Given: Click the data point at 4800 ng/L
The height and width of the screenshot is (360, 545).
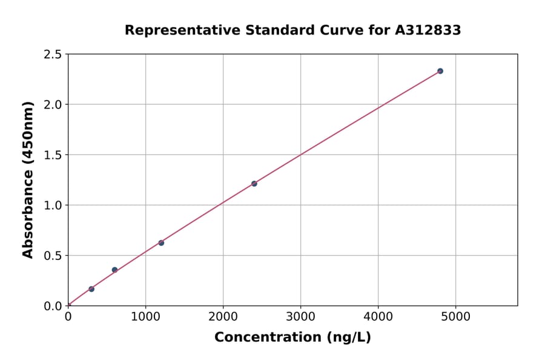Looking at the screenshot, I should click(440, 71).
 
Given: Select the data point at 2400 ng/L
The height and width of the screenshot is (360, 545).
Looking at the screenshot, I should click(254, 184).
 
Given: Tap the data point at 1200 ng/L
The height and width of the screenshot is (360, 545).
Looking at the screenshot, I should click(161, 243).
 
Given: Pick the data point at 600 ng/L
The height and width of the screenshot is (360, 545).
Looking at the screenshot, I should click(114, 270).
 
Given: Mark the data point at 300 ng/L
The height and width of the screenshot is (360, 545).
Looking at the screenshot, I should click(91, 289).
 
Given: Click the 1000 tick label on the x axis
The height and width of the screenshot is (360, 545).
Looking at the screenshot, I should click(145, 316).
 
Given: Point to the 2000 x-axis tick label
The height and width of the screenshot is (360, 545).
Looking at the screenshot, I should click(223, 316).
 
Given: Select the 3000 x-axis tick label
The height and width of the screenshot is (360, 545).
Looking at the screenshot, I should click(301, 316).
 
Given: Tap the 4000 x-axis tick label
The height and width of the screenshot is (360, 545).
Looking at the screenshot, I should click(378, 316).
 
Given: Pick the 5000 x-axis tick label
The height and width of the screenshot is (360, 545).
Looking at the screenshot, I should click(456, 316).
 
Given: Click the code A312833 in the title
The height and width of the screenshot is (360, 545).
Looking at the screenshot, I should click(429, 30).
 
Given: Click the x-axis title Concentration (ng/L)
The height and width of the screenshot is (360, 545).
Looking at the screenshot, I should click(292, 338).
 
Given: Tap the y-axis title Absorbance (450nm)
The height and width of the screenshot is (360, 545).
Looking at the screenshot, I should click(28, 179).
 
